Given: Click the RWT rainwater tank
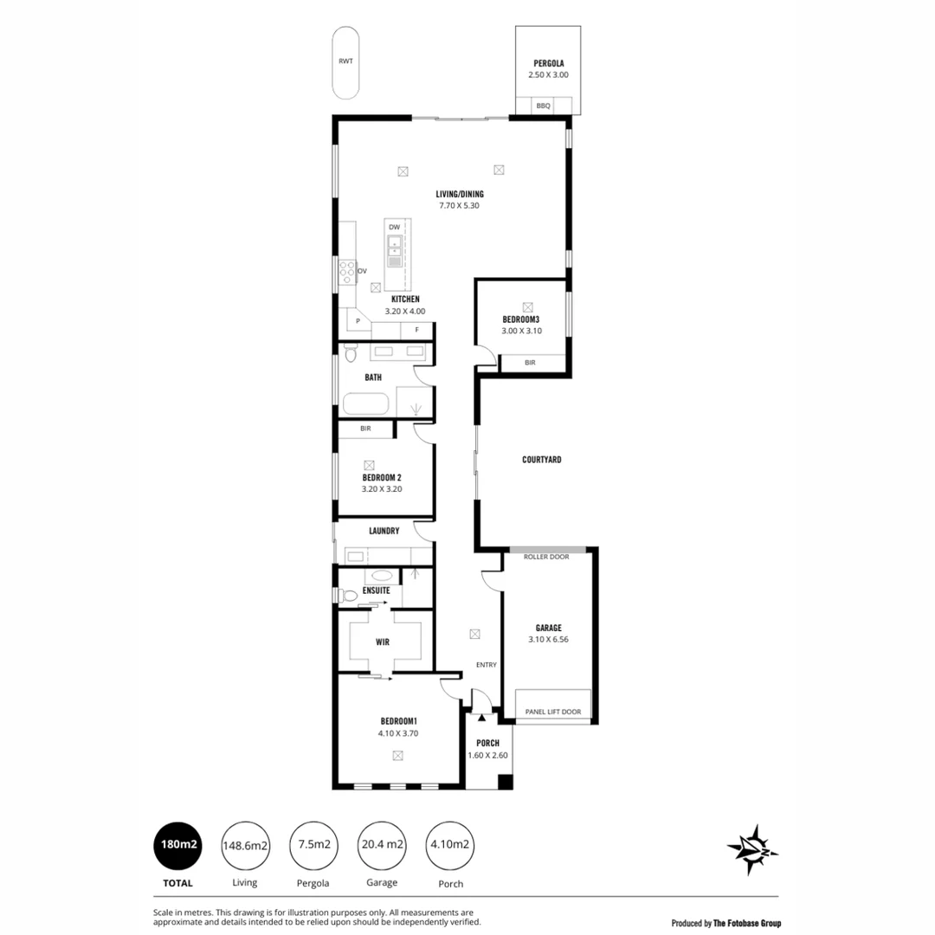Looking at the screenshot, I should (346, 62).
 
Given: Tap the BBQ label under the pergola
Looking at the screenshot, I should (543, 106).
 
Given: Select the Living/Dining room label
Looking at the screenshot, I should (460, 194).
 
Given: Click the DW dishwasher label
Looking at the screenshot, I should (394, 227).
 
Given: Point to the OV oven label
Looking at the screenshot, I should (362, 270).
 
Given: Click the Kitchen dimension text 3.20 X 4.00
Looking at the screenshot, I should (405, 311).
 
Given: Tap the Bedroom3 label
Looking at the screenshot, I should (521, 319).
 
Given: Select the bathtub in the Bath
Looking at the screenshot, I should (366, 404).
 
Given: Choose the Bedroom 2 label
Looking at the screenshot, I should (382, 477).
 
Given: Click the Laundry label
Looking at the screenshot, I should (384, 531).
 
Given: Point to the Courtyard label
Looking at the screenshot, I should (542, 460).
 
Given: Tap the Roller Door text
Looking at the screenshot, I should (546, 557).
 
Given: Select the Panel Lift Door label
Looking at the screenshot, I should (553, 712).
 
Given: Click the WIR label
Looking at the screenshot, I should (383, 642).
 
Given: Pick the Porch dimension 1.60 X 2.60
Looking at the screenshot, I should (487, 755).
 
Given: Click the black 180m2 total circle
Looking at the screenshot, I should (177, 845).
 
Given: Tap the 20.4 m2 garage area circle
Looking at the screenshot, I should (382, 845).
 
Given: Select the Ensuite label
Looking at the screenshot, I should (376, 590).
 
